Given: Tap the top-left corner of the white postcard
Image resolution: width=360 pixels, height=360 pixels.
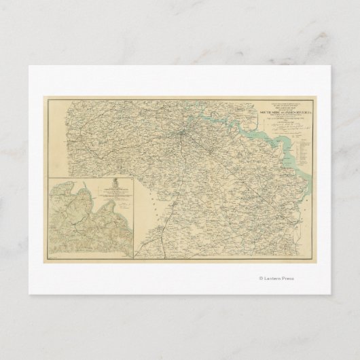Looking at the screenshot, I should click(x=28, y=65).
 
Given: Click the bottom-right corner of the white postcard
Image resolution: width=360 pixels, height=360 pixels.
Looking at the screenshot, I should click(x=331, y=294).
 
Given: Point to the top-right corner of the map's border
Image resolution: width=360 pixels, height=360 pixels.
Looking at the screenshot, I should click(x=313, y=97).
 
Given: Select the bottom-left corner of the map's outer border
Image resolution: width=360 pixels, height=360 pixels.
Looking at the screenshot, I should click(x=47, y=263).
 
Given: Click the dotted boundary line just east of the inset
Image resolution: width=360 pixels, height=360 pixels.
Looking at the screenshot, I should click(x=146, y=204).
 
